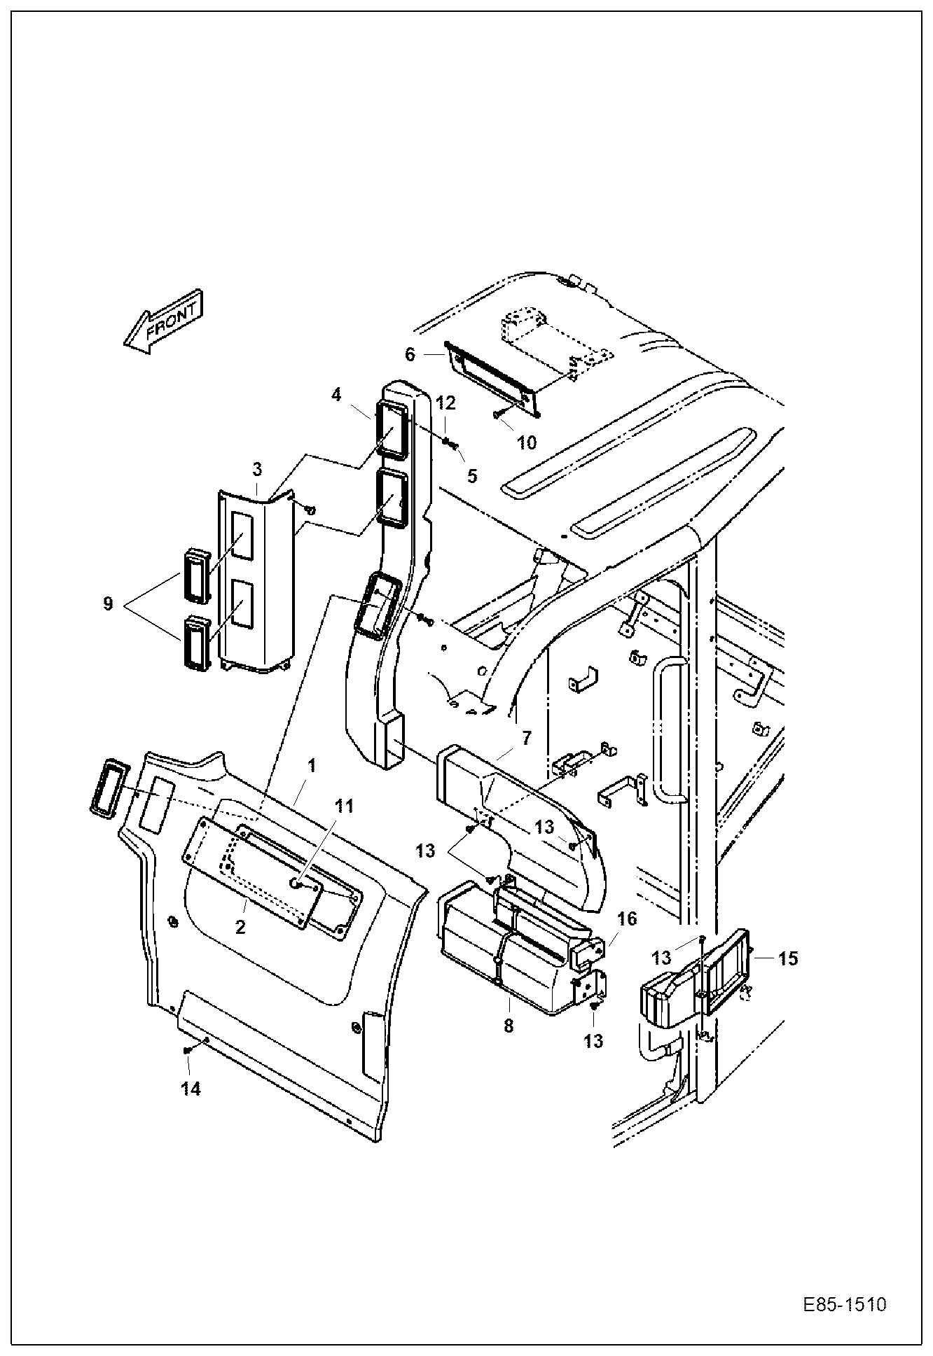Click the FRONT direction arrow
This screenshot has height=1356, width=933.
point(163,321)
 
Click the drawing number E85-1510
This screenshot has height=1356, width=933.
point(844,1305)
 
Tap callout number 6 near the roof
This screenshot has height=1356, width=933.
point(410,354)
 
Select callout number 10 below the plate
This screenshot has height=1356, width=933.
point(526,442)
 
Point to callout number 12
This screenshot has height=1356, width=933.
point(445,403)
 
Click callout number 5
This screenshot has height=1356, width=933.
point(472,476)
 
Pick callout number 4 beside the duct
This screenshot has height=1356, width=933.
point(337,395)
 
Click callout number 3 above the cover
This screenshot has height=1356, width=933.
point(257,468)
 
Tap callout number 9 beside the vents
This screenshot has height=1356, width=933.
point(108,603)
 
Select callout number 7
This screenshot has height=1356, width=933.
point(526,738)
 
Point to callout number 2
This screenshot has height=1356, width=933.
point(240,928)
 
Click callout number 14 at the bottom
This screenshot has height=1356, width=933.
point(191,1089)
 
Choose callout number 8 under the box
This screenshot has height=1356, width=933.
point(509,1026)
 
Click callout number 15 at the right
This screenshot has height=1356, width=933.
point(788,958)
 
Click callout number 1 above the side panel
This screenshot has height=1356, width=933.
point(312,766)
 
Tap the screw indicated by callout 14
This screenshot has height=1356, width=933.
point(187,1049)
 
